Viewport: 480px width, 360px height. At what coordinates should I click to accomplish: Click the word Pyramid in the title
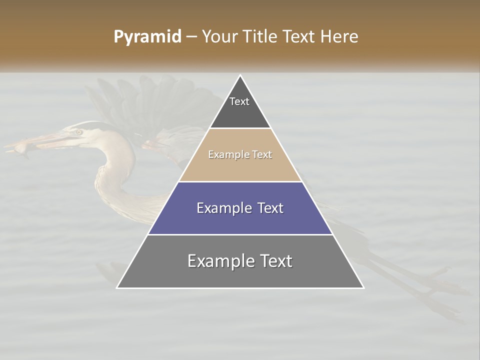(x=147, y=37)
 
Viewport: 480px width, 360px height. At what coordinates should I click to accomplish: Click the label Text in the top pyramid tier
(x=239, y=101)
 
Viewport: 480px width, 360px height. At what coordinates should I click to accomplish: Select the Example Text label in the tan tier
(x=240, y=154)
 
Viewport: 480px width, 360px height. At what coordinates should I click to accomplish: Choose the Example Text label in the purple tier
(x=240, y=208)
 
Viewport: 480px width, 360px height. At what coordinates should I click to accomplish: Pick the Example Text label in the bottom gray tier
(x=240, y=261)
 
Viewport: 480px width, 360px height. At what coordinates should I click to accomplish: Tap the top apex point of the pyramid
(x=240, y=75)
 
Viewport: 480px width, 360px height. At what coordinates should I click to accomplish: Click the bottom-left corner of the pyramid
(x=117, y=287)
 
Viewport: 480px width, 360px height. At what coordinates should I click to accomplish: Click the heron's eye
(x=78, y=132)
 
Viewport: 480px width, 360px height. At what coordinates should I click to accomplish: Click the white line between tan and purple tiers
(x=240, y=181)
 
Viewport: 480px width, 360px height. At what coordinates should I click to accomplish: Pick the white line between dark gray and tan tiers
(x=240, y=128)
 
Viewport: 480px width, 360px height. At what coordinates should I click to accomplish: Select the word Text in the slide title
(x=298, y=37)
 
